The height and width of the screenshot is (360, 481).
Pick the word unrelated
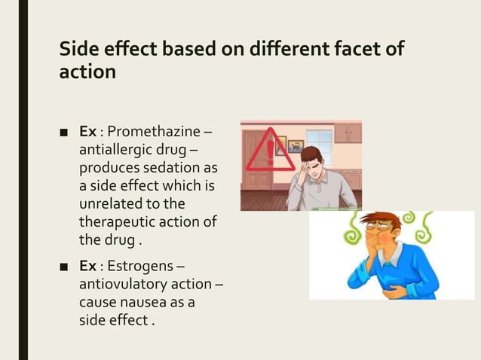pos(109,203)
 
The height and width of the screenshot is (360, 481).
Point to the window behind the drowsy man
pos(319,147)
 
